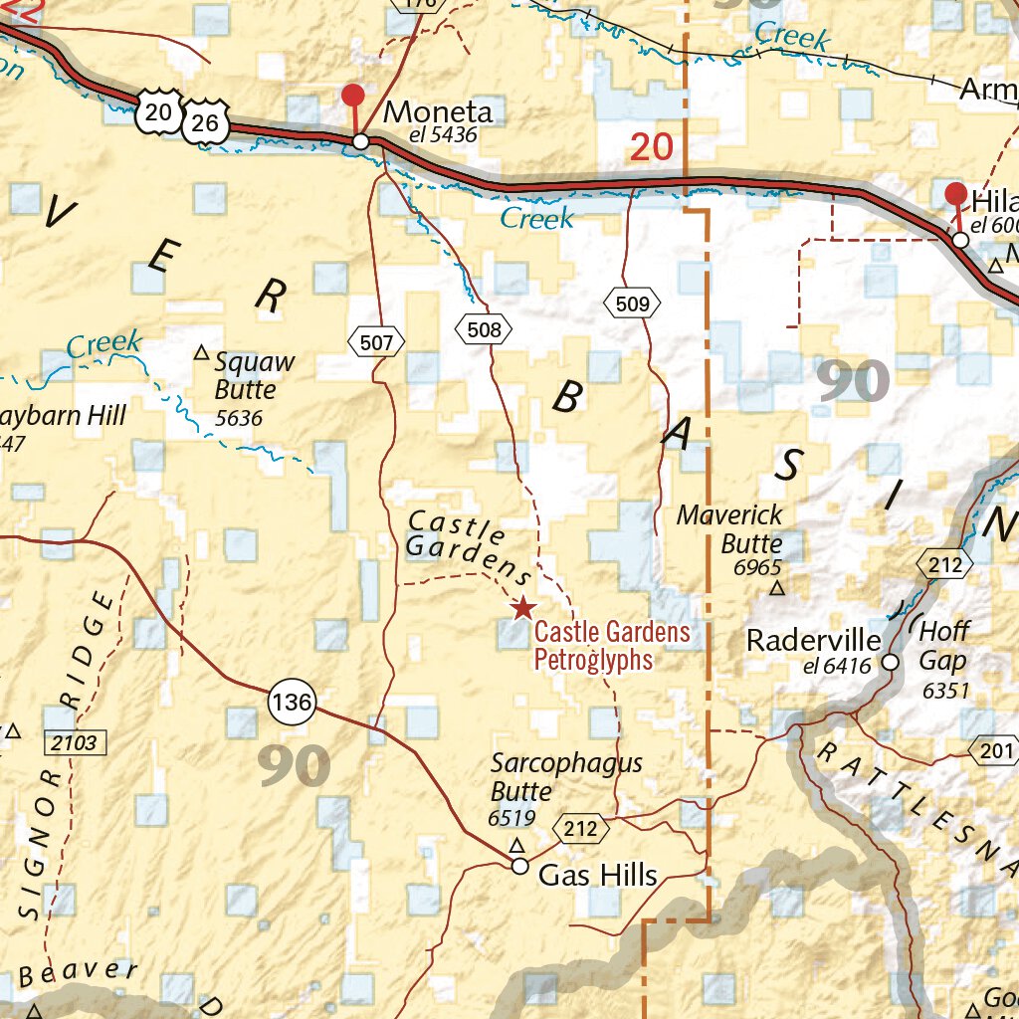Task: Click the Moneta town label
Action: pos(438,111)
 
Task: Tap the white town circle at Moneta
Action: pos(361,141)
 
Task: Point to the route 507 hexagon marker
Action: pos(377,343)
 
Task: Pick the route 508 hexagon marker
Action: pos(484,328)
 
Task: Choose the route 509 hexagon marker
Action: pos(633,304)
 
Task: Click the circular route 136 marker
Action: pos(292,704)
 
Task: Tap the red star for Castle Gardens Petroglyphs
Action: pos(521,608)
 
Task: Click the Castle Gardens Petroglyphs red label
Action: pos(611,645)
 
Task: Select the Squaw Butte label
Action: pos(247,375)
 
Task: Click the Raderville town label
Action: pos(813,640)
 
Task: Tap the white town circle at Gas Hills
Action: pos(519,866)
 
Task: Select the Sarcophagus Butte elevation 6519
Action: pos(512,819)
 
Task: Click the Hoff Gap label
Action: pos(943,645)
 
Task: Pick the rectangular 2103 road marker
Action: pos(75,741)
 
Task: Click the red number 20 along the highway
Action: pos(652,147)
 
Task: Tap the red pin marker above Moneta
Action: pos(352,97)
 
